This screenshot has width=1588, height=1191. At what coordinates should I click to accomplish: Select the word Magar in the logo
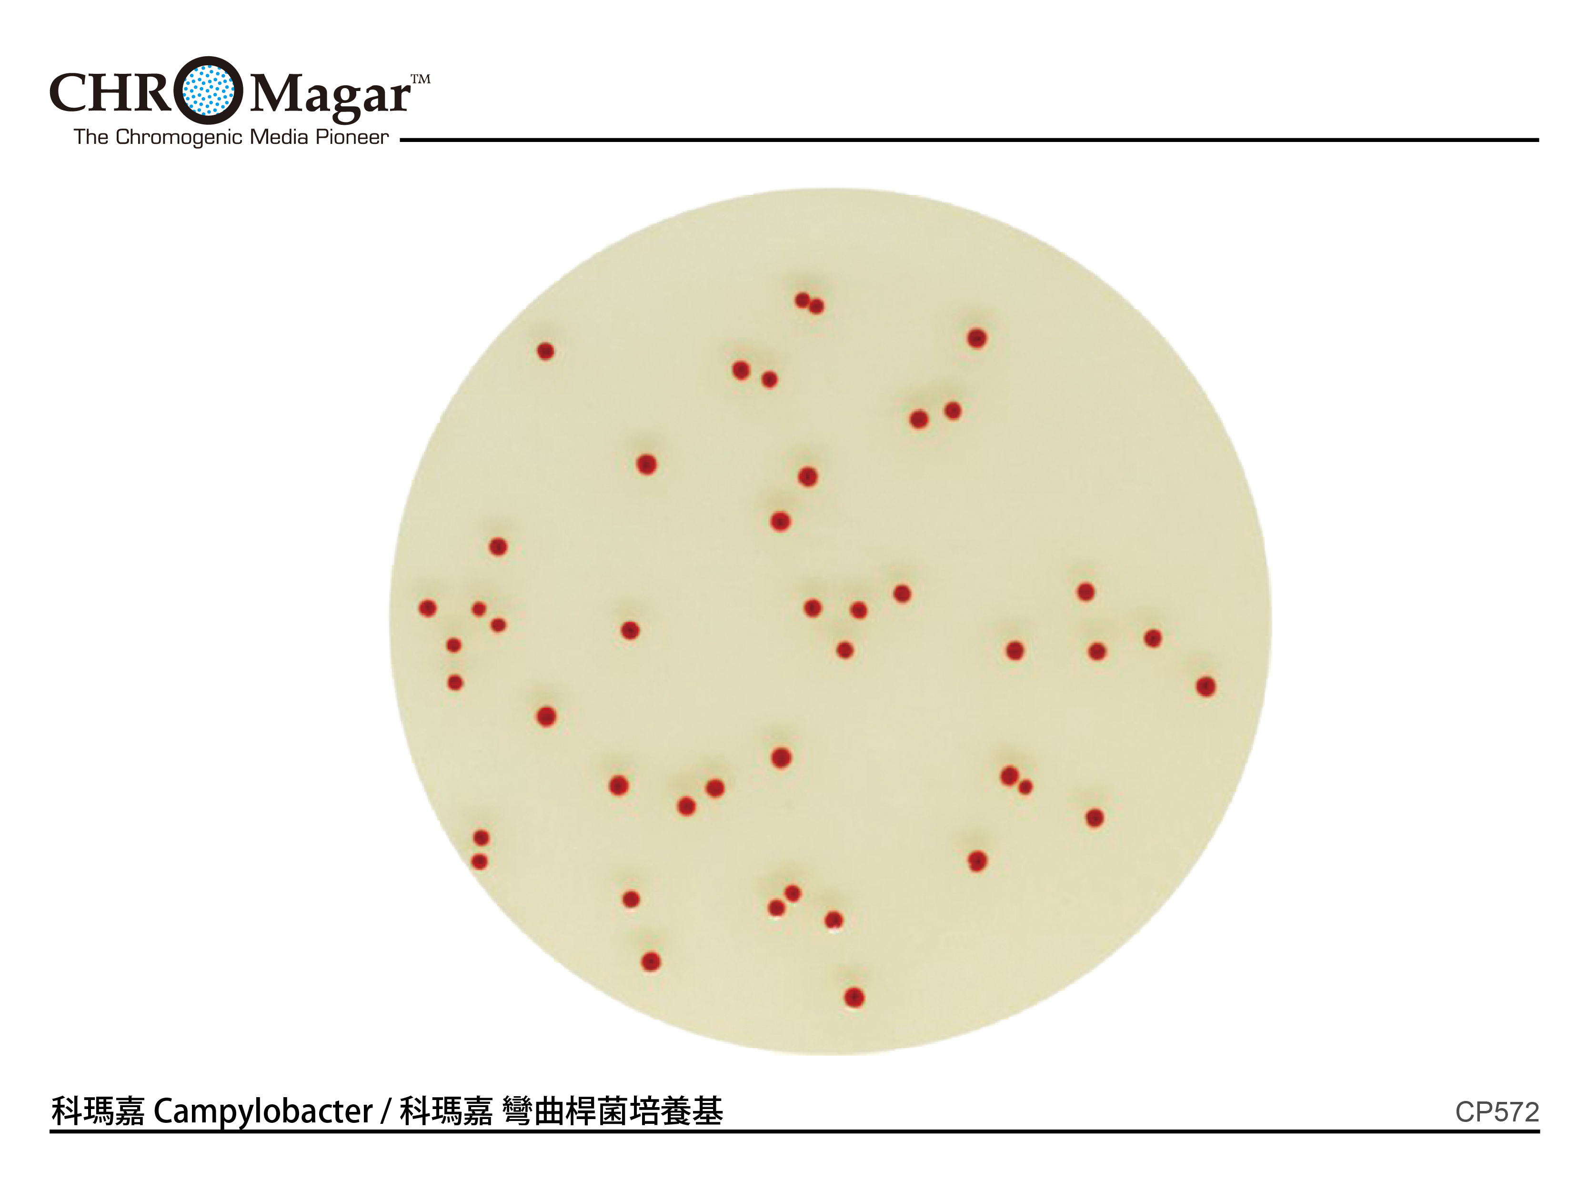[330, 95]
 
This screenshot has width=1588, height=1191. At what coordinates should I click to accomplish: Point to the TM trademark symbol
[421, 79]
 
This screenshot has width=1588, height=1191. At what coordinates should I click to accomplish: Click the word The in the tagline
[91, 137]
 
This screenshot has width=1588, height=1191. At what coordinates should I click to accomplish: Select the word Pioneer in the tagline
[352, 137]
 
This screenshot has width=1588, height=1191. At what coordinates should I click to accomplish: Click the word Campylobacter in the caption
[263, 1112]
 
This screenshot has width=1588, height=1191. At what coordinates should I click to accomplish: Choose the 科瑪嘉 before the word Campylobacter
[98, 1111]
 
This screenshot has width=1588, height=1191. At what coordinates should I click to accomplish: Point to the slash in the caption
[385, 1112]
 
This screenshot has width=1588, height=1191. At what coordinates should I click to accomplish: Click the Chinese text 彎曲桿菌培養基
[613, 1111]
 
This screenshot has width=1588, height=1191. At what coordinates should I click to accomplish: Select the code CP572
[1497, 1113]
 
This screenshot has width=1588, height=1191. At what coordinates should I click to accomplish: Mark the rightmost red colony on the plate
[1206, 686]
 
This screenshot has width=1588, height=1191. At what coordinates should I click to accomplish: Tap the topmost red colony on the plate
[803, 300]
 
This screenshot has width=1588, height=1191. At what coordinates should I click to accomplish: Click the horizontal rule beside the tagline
[969, 140]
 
